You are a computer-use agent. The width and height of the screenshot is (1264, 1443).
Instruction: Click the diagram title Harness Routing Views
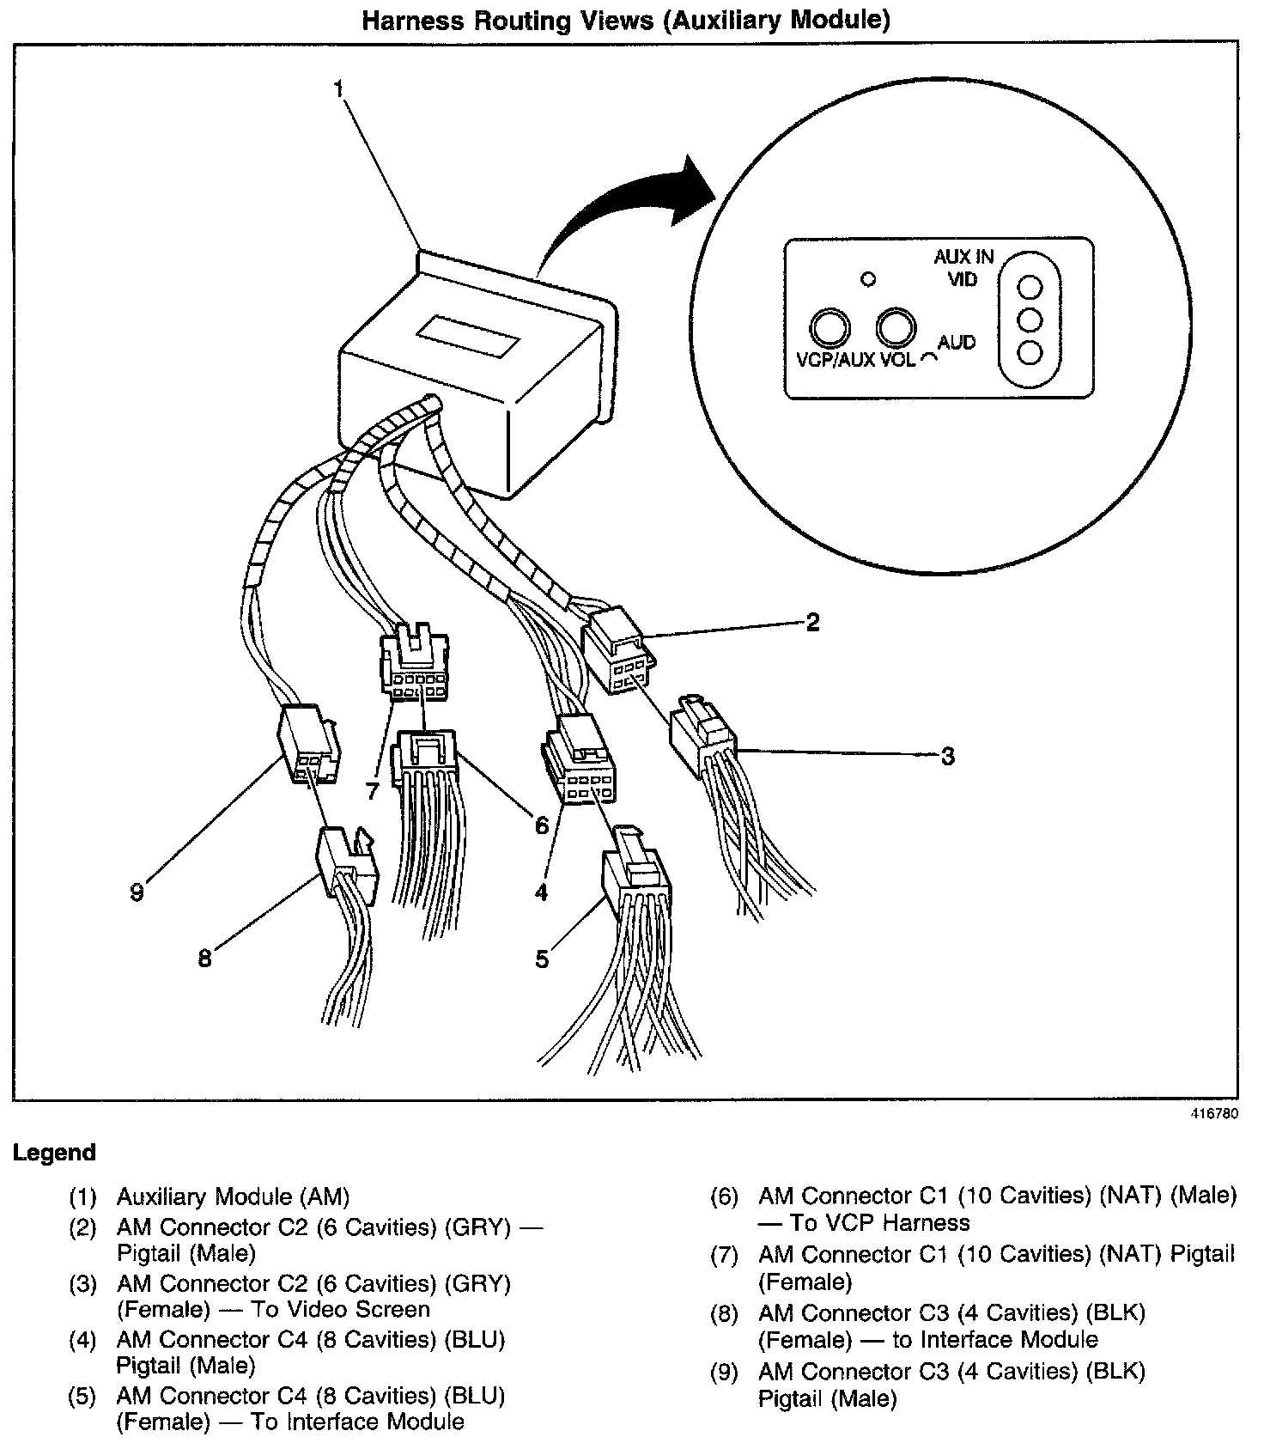click(625, 20)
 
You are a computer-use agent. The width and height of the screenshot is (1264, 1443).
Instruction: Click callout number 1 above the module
click(339, 89)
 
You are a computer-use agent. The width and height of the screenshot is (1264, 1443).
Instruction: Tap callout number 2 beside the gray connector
click(812, 623)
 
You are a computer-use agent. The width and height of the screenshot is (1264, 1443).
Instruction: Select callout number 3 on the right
click(947, 757)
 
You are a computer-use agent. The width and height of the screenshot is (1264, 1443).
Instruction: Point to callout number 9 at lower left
click(137, 892)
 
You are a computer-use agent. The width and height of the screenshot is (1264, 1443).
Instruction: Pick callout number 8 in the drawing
click(204, 959)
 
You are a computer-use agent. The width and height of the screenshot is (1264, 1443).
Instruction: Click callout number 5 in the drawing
click(542, 959)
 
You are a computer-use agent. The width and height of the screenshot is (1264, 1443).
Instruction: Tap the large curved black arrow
click(618, 206)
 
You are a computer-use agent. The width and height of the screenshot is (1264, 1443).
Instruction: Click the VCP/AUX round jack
click(829, 327)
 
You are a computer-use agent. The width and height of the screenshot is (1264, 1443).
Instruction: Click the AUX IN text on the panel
click(963, 257)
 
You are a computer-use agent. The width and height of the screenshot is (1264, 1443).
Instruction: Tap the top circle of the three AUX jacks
click(1029, 287)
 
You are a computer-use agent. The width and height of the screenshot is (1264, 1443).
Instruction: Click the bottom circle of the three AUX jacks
click(1029, 352)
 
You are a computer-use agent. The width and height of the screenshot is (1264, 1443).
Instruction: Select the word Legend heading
click(54, 1153)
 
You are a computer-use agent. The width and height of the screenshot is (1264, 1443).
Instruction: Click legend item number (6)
click(724, 1196)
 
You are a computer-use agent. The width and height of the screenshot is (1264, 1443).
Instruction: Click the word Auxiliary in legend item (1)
click(162, 1196)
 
